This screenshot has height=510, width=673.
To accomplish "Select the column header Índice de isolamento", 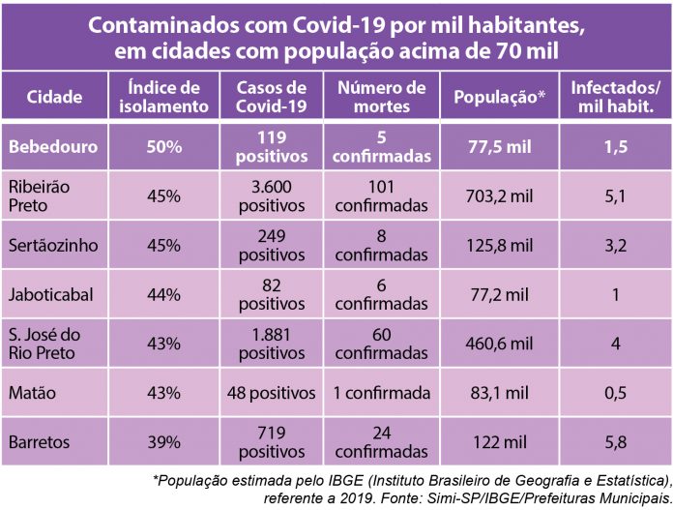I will tap(163, 98).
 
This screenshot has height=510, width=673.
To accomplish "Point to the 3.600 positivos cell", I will tap(272, 196).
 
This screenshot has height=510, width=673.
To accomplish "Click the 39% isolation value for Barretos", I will tap(164, 442).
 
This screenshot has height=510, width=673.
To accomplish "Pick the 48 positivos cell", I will tap(272, 393).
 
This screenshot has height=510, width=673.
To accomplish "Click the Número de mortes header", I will tap(381, 98).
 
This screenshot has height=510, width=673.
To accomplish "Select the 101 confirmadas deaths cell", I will tap(381, 196).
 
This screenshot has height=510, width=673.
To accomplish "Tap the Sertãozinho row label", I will tap(53, 246).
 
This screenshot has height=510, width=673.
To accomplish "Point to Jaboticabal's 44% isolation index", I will tap(164, 295).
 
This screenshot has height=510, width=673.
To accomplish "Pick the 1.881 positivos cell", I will tap(272, 345).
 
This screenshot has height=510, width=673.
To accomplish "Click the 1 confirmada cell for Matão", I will tap(381, 393).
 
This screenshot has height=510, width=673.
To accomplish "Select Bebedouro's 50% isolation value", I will tap(164, 147).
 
